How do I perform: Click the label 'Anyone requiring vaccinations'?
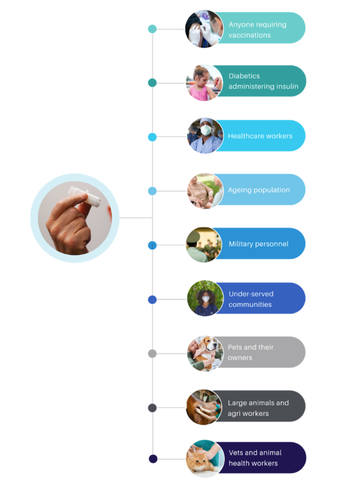pyautogui.click(x=257, y=30)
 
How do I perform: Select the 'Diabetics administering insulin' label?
pyautogui.click(x=263, y=82)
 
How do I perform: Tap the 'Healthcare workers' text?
pyautogui.click(x=260, y=136)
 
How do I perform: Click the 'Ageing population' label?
pyautogui.click(x=259, y=190)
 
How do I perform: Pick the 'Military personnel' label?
pyautogui.click(x=258, y=244)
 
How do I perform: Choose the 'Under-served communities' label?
pyautogui.click(x=250, y=299)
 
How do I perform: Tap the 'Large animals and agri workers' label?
pyautogui.click(x=258, y=408)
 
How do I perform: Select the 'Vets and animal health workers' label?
pyautogui.click(x=254, y=458)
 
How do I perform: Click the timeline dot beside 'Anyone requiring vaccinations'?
pyautogui.click(x=152, y=29)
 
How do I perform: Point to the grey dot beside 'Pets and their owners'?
pyautogui.click(x=152, y=353)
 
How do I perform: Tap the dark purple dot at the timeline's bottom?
pyautogui.click(x=152, y=459)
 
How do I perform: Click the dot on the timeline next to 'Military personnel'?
pyautogui.click(x=152, y=245)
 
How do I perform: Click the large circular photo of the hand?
pyautogui.click(x=74, y=218)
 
